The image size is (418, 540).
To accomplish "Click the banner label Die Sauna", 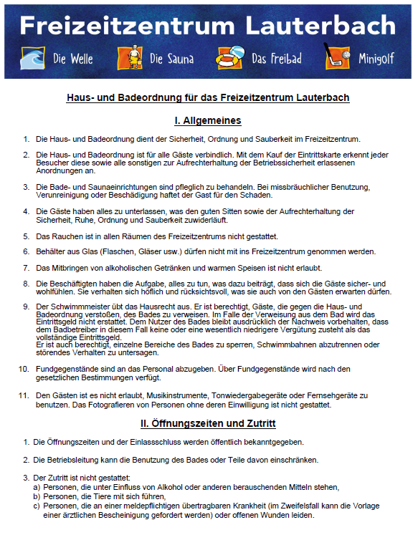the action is (x=171, y=59).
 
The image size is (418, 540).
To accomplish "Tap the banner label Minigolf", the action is (x=376, y=59).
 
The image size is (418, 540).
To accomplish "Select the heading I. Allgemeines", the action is (x=208, y=120).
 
